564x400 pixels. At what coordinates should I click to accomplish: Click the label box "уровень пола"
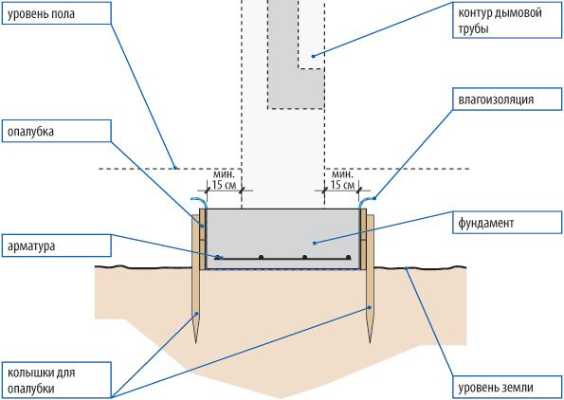(x=57, y=13)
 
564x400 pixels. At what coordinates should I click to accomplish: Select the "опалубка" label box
(x=57, y=131)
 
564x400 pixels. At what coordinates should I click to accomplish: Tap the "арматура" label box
(x=57, y=245)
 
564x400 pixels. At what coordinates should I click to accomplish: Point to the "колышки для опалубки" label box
(x=57, y=381)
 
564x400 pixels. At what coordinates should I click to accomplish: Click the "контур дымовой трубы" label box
(x=507, y=20)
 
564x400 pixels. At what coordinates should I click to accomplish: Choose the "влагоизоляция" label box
(x=507, y=99)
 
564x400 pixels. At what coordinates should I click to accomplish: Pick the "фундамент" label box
(x=507, y=223)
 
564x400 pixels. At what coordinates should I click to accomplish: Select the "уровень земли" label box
(x=507, y=388)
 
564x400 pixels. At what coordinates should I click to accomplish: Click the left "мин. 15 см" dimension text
(x=224, y=179)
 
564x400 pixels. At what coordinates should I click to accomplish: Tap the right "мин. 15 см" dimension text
(x=342, y=179)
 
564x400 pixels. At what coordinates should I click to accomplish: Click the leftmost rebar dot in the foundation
(x=217, y=257)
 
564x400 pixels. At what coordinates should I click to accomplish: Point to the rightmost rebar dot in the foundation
(x=348, y=257)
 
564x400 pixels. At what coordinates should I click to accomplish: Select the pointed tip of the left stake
(x=196, y=342)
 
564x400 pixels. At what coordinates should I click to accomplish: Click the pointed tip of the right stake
(x=370, y=342)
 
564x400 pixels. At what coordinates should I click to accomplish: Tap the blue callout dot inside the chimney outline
(x=313, y=56)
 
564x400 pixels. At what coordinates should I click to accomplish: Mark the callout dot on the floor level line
(x=175, y=168)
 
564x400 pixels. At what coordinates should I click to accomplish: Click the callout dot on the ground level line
(x=406, y=268)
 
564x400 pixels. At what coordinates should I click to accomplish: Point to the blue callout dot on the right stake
(x=370, y=307)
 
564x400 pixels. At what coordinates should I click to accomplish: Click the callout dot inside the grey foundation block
(x=315, y=244)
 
